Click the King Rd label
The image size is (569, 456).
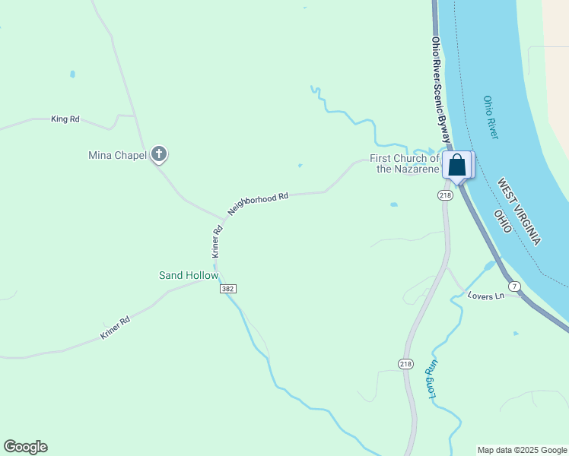pyautogui.click(x=65, y=119)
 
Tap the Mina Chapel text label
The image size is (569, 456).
pyautogui.click(x=117, y=156)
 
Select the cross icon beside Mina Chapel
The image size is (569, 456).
pyautogui.click(x=159, y=155)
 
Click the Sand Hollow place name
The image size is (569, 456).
pyautogui.click(x=188, y=275)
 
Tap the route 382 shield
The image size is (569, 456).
pyautogui.click(x=227, y=289)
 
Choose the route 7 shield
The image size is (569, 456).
pyautogui.click(x=516, y=286)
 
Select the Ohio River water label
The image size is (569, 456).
pyautogui.click(x=491, y=117)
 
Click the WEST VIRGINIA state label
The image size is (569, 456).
pyautogui.click(x=520, y=211)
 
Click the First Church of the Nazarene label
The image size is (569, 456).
pyautogui.click(x=405, y=163)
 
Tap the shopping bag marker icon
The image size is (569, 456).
pyautogui.click(x=457, y=165)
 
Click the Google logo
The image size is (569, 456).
pyautogui.click(x=25, y=447)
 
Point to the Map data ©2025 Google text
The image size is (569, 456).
pyautogui.click(x=522, y=450)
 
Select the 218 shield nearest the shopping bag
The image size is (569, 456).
pyautogui.click(x=445, y=195)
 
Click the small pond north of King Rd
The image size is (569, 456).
pyautogui.click(x=72, y=74)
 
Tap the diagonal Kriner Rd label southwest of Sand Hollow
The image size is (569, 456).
pyautogui.click(x=116, y=328)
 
